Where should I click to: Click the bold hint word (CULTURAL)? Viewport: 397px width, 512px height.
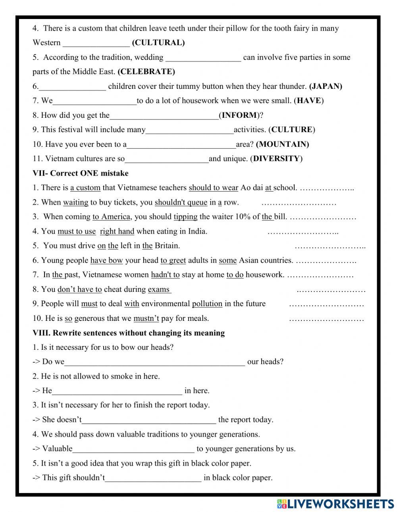[158, 43]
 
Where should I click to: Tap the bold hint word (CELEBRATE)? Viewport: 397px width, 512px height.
[146, 72]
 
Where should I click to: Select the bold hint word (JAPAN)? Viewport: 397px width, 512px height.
[326, 86]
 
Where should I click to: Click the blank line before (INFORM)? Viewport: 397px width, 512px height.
[164, 115]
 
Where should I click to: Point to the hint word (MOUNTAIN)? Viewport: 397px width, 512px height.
[282, 144]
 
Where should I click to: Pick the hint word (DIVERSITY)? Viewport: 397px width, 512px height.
[276, 159]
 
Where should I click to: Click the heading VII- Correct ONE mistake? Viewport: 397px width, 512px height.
[81, 173]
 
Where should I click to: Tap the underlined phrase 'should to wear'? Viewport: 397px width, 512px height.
[213, 188]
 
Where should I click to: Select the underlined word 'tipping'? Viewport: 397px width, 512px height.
[185, 217]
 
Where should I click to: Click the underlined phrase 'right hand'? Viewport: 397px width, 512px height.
[117, 231]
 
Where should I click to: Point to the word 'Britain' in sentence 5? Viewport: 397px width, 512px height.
[166, 245]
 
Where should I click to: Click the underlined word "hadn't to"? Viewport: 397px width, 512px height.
[165, 274]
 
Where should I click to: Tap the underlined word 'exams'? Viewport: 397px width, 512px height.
[159, 289]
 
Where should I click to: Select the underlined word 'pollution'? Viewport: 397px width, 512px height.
[207, 304]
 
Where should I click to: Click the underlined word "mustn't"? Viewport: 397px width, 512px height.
[146, 318]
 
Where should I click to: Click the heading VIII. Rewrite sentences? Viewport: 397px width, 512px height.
[129, 333]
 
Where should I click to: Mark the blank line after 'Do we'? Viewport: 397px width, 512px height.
[154, 362]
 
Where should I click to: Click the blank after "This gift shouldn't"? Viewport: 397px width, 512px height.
[153, 477]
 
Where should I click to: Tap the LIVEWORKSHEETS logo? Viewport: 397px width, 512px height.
[335, 504]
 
